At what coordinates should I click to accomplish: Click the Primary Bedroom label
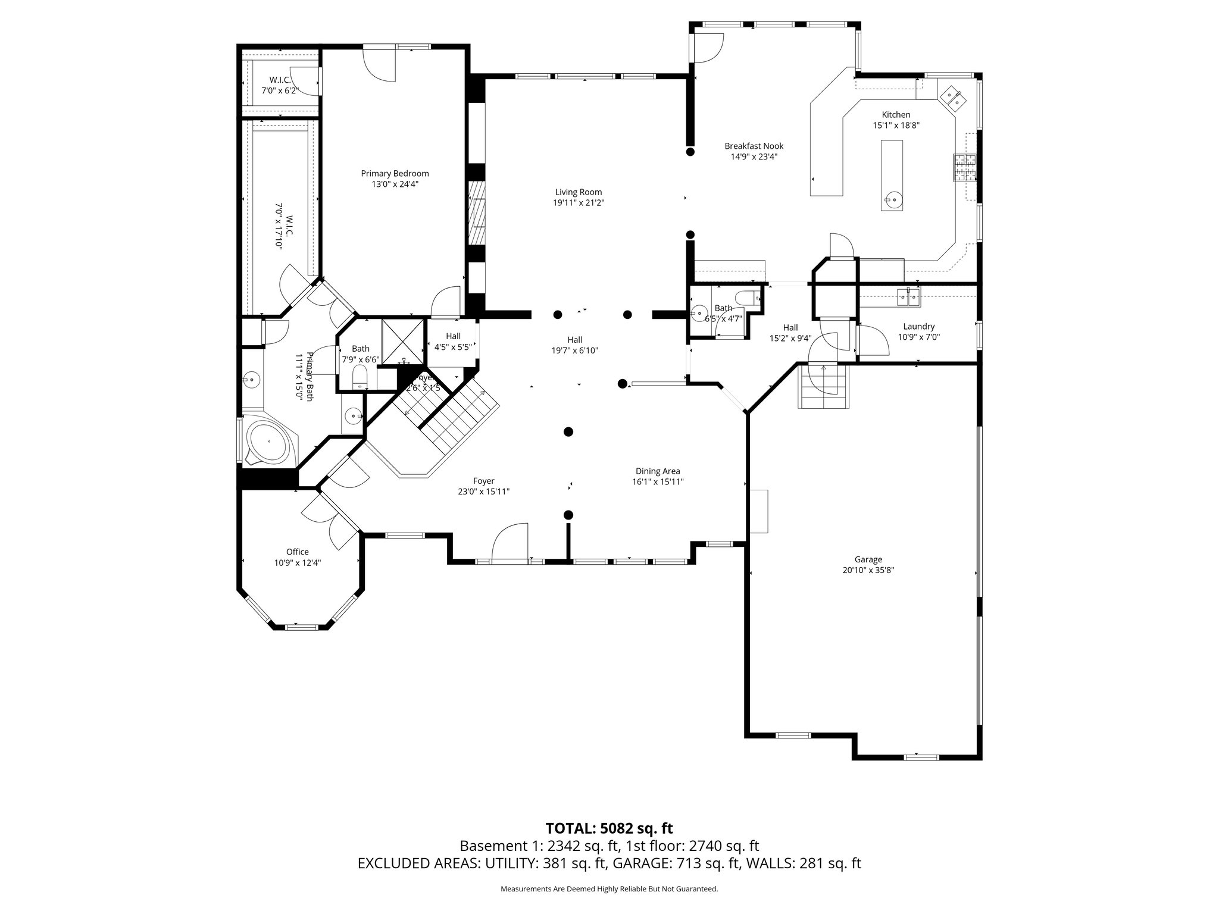point(395,174)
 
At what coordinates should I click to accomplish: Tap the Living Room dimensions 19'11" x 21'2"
point(579,203)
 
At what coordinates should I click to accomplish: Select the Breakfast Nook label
point(754,146)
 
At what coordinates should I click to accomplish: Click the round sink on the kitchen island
point(892,199)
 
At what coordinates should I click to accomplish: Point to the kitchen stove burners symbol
point(965,167)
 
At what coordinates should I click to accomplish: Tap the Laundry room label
point(918,326)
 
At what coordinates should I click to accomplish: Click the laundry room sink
point(908,296)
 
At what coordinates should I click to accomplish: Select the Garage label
point(868,559)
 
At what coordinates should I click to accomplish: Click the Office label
point(297,552)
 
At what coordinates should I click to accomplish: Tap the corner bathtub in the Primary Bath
point(268,442)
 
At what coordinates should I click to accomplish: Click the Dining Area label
point(657,471)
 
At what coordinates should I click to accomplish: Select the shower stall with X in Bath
point(402,342)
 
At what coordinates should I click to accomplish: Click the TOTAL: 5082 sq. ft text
point(609,828)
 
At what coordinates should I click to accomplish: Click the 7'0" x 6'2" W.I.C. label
point(279,85)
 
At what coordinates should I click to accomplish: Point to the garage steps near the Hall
point(823,387)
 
